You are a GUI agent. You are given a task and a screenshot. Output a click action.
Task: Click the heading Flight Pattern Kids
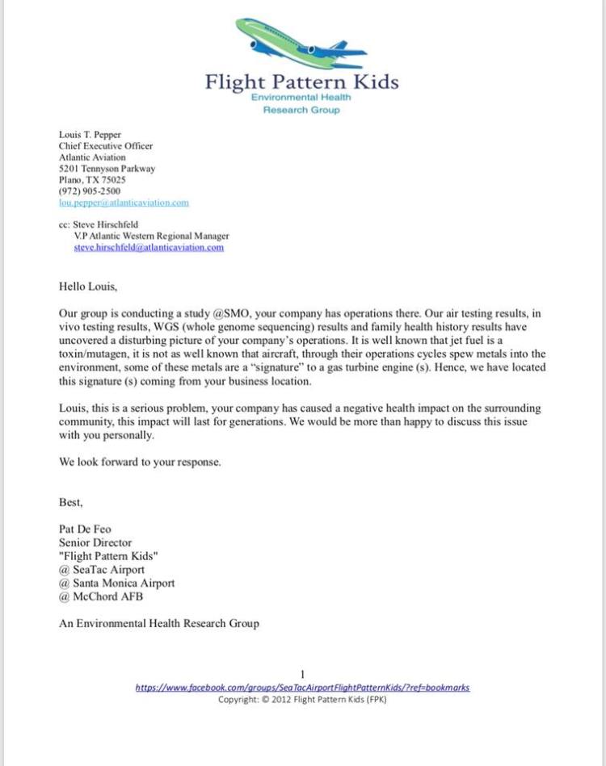[301, 82]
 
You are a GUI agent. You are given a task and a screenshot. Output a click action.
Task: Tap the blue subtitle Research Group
[301, 110]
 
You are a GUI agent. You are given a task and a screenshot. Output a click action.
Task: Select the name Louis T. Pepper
[90, 135]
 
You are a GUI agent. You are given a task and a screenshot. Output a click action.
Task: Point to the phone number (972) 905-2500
[90, 191]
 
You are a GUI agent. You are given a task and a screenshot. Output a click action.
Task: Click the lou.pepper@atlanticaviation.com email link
[124, 203]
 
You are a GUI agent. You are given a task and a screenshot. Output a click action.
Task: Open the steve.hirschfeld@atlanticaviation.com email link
[149, 247]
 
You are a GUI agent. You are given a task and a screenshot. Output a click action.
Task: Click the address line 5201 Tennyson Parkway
[107, 169]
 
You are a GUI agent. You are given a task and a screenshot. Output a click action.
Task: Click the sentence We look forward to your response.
[140, 463]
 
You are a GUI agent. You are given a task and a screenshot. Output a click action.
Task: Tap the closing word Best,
[70, 502]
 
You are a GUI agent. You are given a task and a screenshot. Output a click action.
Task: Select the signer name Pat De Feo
[85, 530]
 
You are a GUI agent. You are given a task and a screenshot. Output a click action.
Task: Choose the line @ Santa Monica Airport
[116, 582]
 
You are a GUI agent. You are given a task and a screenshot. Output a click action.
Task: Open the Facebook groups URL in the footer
[302, 688]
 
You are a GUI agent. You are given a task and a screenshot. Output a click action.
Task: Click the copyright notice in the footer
[302, 699]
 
